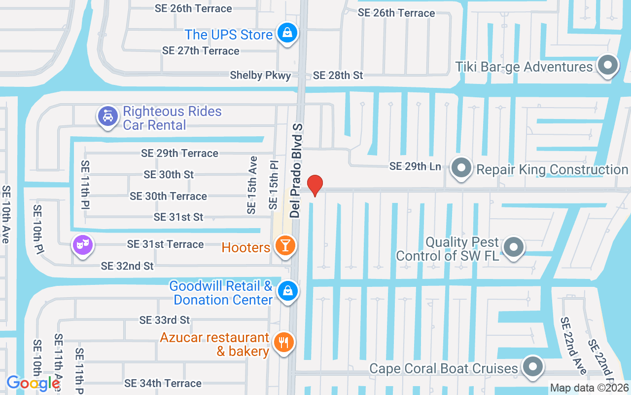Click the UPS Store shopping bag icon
(x=286, y=34)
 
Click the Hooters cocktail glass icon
(x=285, y=245)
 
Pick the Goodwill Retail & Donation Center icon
(x=287, y=291)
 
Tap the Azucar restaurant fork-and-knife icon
(x=283, y=342)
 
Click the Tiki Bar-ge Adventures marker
(x=607, y=66)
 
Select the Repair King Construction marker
(x=462, y=168)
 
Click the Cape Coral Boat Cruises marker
(x=533, y=367)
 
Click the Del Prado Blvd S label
(x=296, y=170)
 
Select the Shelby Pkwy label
(x=260, y=76)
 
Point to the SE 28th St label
(x=338, y=76)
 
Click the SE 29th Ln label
(x=415, y=166)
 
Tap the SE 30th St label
(x=169, y=174)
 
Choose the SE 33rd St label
(x=165, y=320)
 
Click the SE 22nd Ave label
(x=573, y=346)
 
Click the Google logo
(x=34, y=383)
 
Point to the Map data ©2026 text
(x=590, y=388)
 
